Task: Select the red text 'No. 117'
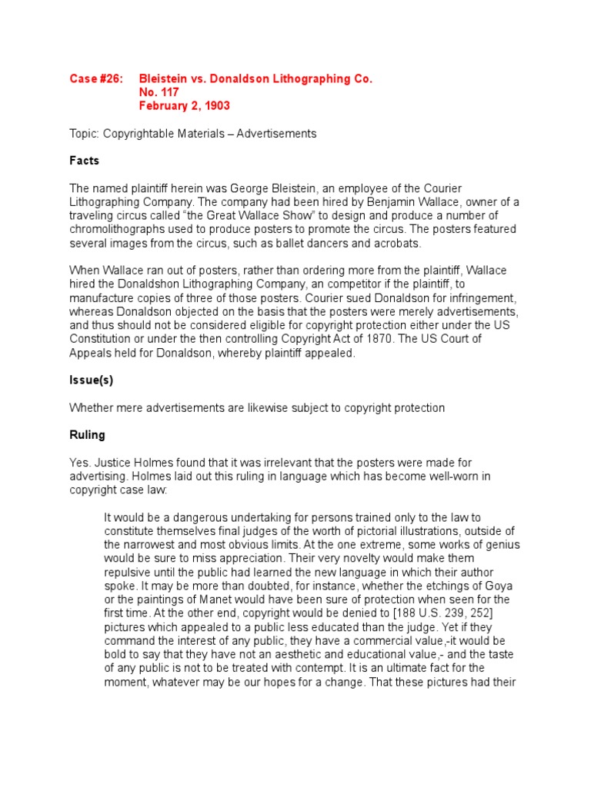point(159,92)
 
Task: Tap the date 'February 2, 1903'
point(185,105)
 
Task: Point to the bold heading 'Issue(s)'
point(92,380)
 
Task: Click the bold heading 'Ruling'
point(87,434)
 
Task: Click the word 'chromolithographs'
point(115,230)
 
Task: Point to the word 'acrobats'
point(396,243)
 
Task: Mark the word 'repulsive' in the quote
point(128,572)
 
